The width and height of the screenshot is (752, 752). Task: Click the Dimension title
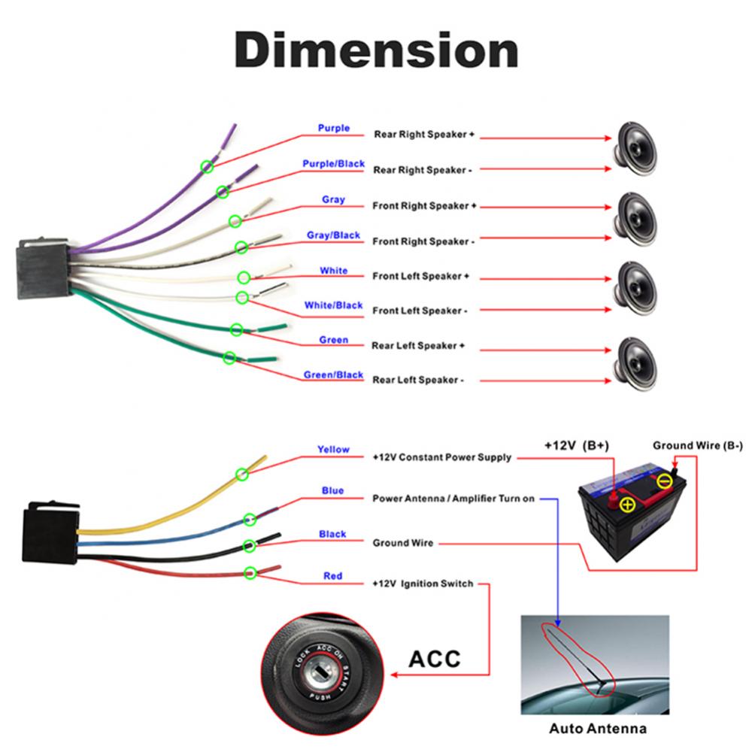point(376,52)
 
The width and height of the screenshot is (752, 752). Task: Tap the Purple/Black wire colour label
point(333,164)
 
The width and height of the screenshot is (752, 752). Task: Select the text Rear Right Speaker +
point(424,135)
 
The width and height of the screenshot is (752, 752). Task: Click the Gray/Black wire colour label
point(333,235)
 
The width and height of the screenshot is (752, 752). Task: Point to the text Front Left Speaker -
point(420,311)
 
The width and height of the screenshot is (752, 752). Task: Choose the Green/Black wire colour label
point(333,375)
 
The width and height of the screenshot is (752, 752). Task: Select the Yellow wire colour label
point(333,450)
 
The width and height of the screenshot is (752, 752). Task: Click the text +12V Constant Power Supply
point(442,457)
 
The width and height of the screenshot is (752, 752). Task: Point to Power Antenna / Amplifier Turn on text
point(453,499)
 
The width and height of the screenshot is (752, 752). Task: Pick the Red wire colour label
point(333,576)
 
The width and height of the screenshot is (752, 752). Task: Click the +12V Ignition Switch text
point(423,584)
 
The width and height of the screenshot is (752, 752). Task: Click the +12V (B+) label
point(577,446)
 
